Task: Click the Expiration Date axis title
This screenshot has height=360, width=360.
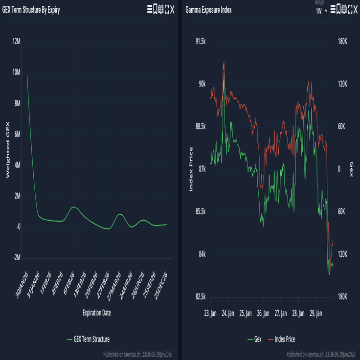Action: (97, 313)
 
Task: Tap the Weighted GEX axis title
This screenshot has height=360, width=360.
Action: (7, 150)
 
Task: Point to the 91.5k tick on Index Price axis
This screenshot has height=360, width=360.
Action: (201, 42)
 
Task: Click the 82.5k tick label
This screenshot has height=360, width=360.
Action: (201, 297)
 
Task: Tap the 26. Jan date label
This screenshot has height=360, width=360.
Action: (263, 313)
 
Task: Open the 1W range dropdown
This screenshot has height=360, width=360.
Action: (321, 11)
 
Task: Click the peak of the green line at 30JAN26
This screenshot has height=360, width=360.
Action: (27, 76)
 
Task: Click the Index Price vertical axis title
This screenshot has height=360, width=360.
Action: (191, 169)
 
